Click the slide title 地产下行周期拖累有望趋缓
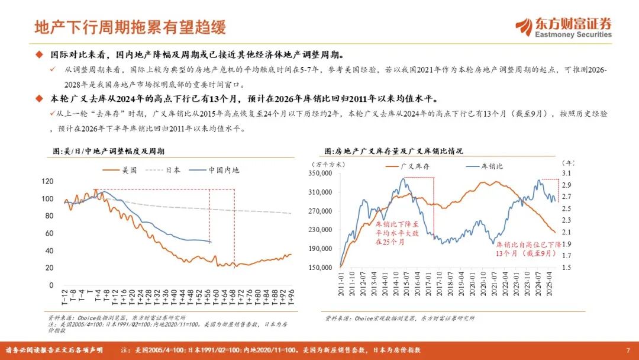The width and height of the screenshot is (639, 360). (130, 27)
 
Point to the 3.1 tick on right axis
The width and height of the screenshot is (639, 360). (566, 173)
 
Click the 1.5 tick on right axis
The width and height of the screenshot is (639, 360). (566, 268)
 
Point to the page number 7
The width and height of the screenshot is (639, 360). (628, 350)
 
